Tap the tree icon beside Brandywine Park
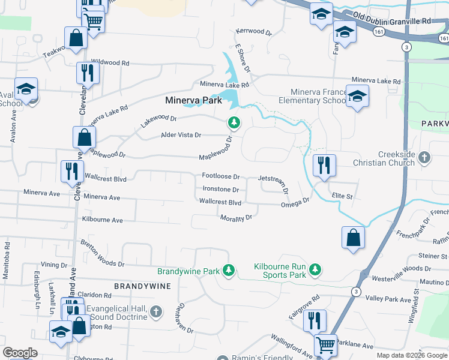(228, 271)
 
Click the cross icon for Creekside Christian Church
(424, 158)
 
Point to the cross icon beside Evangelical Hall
(156, 311)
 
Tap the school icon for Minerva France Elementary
(357, 97)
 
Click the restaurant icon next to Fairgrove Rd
(315, 321)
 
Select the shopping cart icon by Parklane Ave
(326, 346)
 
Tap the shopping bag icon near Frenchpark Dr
(354, 236)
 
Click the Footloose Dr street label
(221, 177)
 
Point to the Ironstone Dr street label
(220, 190)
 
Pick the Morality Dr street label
(235, 218)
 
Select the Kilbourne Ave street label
(103, 220)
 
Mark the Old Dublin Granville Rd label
(392, 20)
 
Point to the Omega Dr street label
(295, 203)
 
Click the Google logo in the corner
(20, 353)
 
